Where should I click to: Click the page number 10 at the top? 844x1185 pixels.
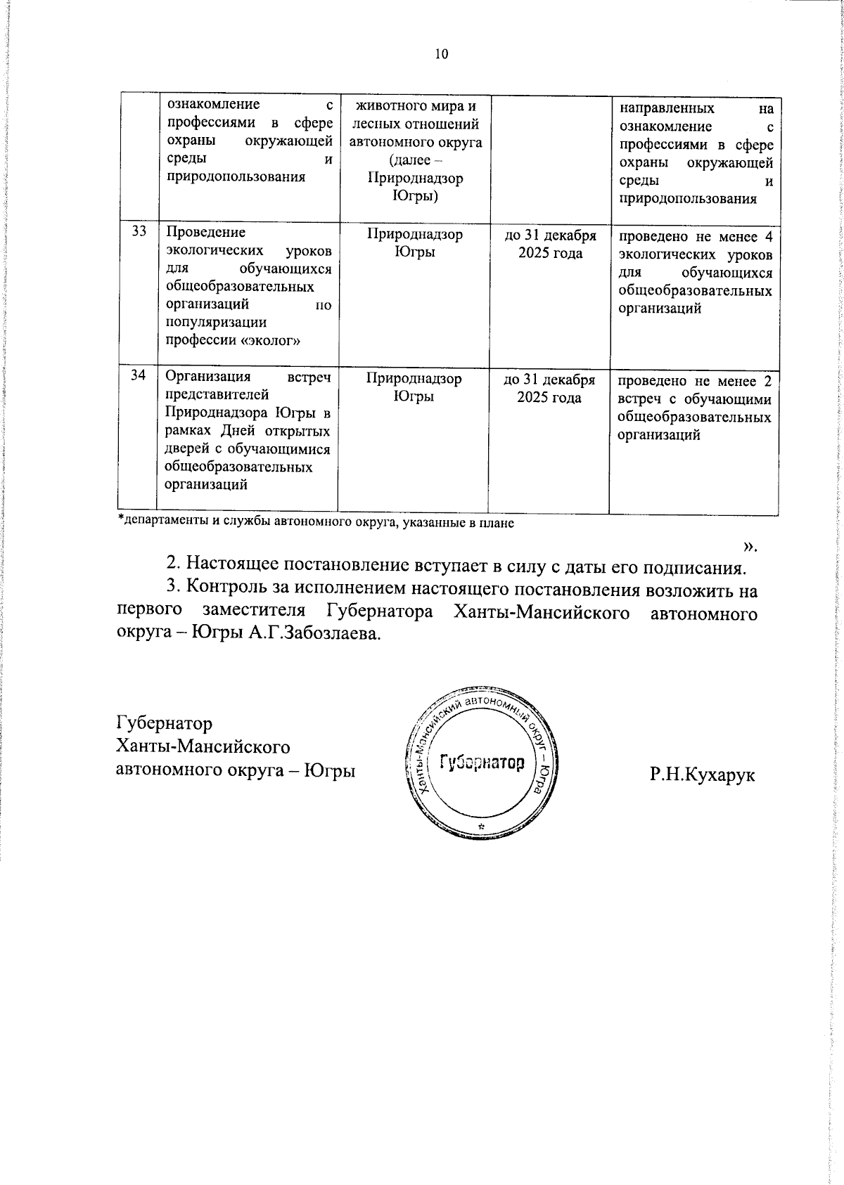coord(442,54)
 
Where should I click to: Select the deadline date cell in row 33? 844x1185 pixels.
coord(551,244)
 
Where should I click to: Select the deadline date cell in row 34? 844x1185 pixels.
coord(550,388)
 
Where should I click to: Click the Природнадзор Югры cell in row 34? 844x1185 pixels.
coord(414,387)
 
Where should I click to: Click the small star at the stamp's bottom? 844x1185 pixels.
coord(481,827)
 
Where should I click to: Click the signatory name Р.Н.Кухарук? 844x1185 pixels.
coord(703,775)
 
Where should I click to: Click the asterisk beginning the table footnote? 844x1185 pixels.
coord(120,520)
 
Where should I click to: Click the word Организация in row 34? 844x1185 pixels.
coord(203,377)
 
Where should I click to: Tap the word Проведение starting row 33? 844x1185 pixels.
coord(205,233)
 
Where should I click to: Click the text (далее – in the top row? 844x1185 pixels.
coord(415,160)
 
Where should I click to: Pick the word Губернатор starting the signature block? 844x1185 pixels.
coord(164,723)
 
